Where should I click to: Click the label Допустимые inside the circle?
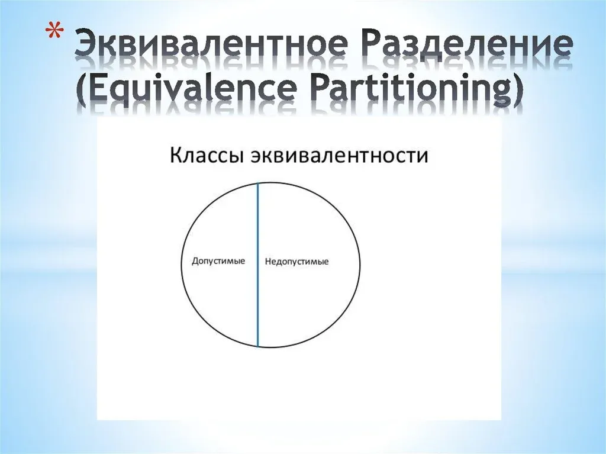tap(218, 262)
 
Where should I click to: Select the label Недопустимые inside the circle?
tap(297, 262)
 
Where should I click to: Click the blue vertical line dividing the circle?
tap(258, 265)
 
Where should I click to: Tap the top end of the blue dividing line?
tap(258, 183)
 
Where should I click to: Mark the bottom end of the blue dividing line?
tap(258, 346)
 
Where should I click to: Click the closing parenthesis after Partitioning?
tap(516, 91)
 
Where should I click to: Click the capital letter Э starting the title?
tap(86, 44)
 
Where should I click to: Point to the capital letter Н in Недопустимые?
tap(268, 262)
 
